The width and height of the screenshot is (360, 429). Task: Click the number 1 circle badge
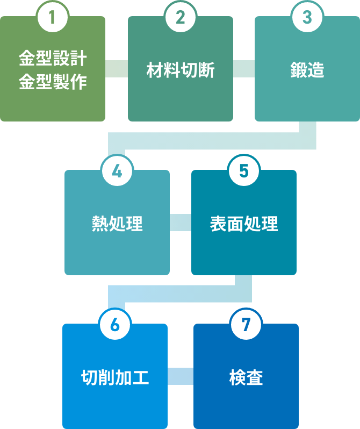[53, 17]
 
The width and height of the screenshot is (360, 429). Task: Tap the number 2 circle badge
[181, 17]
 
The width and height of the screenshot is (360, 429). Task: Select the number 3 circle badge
[307, 17]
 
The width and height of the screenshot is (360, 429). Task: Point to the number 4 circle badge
[117, 171]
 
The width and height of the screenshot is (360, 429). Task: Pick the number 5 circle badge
[244, 171]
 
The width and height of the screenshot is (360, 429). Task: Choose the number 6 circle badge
[114, 325]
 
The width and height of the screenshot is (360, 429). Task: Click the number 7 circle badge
[246, 325]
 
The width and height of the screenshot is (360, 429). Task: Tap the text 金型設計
[53, 58]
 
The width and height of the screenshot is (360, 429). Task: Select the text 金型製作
[53, 82]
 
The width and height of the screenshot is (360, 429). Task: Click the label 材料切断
[181, 70]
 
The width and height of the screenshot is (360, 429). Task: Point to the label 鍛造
[307, 70]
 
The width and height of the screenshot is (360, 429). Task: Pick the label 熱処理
[117, 224]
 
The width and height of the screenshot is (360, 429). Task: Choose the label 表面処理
[244, 224]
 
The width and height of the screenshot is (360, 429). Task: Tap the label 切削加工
[114, 378]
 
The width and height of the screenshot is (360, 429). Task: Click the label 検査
[246, 378]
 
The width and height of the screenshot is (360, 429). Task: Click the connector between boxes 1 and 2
[117, 69]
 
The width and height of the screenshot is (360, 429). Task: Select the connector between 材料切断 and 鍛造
[244, 69]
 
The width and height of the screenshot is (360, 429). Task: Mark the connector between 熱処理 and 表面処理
[181, 222]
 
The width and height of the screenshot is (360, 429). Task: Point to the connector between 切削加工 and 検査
[181, 376]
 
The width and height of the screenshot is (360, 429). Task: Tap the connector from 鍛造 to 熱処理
[215, 141]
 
